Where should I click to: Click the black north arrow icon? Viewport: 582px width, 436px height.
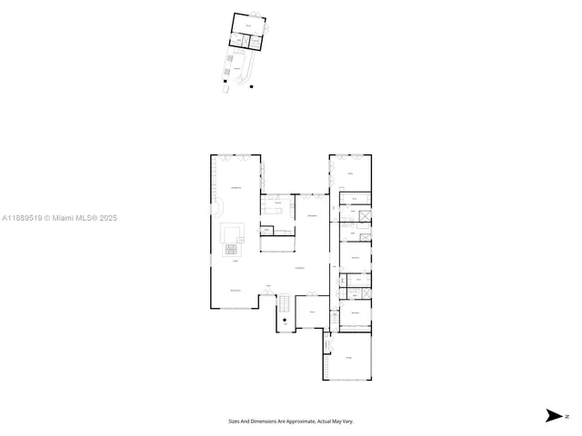coord(552,415)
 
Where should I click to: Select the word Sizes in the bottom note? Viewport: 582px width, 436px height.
coord(233,421)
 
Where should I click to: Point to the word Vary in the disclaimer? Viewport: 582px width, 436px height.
coord(347,421)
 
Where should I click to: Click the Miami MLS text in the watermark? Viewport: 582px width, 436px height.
coord(73,218)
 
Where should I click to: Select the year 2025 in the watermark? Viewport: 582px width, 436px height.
coord(108,218)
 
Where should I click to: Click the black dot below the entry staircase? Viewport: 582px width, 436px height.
coord(285,320)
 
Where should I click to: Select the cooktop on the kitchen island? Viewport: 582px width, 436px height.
coord(230,248)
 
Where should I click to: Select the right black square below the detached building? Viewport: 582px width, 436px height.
coord(250,87)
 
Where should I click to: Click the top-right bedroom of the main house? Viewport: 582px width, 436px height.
coord(351,173)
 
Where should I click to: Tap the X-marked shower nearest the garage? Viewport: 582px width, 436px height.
coord(364,292)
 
